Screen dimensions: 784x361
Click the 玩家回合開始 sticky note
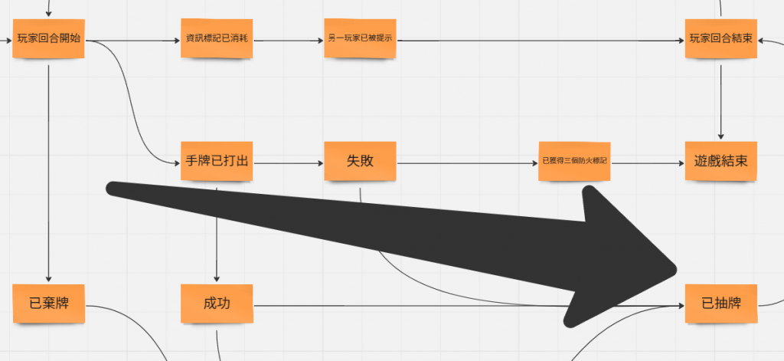tap(48, 39)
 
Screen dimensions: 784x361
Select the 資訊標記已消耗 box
tap(217, 38)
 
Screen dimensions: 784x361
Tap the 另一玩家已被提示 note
tap(360, 39)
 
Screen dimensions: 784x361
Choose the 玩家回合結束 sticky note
tap(721, 39)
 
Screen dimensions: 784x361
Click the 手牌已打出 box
tap(217, 162)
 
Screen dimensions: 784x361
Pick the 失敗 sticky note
tap(360, 162)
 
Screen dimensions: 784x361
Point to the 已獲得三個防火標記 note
tap(574, 162)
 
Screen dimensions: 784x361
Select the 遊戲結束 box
tap(721, 162)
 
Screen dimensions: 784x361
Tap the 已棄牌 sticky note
tap(48, 304)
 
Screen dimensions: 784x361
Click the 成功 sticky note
tap(217, 304)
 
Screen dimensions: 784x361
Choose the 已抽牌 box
tap(721, 304)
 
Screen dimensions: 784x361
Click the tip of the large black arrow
tap(677, 269)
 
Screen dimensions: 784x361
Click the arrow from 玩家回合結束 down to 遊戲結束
tap(721, 100)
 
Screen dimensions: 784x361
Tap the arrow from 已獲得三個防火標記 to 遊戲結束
tap(647, 162)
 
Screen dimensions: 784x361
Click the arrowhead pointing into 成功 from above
tap(217, 278)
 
